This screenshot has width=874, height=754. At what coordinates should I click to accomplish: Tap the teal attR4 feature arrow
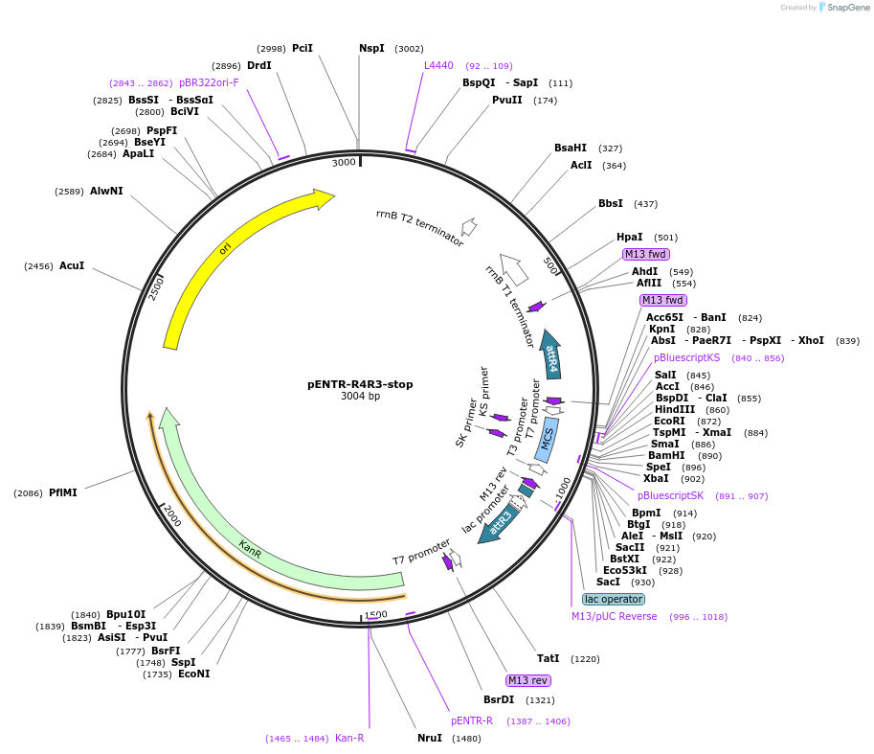pyautogui.click(x=551, y=355)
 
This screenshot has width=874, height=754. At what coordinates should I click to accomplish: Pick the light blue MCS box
pyautogui.click(x=547, y=440)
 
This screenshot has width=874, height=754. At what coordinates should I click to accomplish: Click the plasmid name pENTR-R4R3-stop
pyautogui.click(x=360, y=384)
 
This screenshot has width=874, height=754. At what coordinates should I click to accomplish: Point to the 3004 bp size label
pyautogui.click(x=360, y=397)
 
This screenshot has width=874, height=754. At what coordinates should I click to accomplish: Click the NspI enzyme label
pyautogui.click(x=371, y=48)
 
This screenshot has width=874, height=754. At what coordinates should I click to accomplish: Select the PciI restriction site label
pyautogui.click(x=303, y=48)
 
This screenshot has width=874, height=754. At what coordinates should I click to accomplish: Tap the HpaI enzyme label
pyautogui.click(x=629, y=238)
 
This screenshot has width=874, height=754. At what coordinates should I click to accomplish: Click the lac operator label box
pyautogui.click(x=614, y=599)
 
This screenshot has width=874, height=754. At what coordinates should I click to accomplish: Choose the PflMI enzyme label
pyautogui.click(x=63, y=492)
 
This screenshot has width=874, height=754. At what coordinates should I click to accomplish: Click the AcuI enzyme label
pyautogui.click(x=72, y=265)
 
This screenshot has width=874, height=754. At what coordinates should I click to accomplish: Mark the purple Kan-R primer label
pyautogui.click(x=349, y=739)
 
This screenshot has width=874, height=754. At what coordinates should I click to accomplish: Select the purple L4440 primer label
pyautogui.click(x=438, y=65)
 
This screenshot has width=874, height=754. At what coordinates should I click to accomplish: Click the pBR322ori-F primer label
pyautogui.click(x=209, y=82)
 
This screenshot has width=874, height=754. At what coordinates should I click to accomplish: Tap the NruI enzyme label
pyautogui.click(x=430, y=739)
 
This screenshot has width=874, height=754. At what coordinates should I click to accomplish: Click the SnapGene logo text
pyautogui.click(x=847, y=8)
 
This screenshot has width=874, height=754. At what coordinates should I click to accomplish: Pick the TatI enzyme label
pyautogui.click(x=548, y=659)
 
